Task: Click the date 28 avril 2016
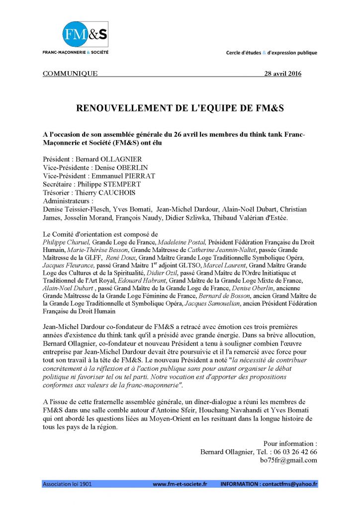coord(281,74)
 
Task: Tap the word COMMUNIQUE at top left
coord(70,74)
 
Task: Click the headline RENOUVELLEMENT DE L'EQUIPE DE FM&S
coord(180,108)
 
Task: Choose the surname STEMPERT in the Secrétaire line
coord(127,184)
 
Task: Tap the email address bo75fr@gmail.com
coord(288,460)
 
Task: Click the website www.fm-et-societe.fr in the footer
coord(180,484)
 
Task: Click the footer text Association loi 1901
coord(67,484)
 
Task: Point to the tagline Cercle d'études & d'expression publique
coord(271,53)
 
